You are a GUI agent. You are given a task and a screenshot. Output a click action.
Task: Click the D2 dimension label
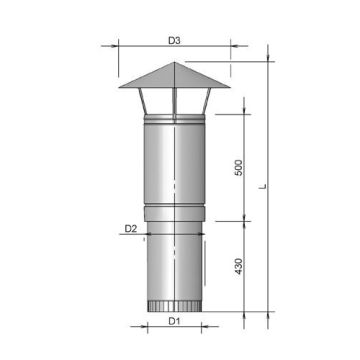pyautogui.click(x=131, y=229)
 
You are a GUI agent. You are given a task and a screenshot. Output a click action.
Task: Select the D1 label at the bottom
pyautogui.click(x=173, y=321)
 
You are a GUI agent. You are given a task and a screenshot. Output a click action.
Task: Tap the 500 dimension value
pyautogui.click(x=238, y=167)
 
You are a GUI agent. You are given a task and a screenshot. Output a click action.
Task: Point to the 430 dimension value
pyautogui.click(x=238, y=268)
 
